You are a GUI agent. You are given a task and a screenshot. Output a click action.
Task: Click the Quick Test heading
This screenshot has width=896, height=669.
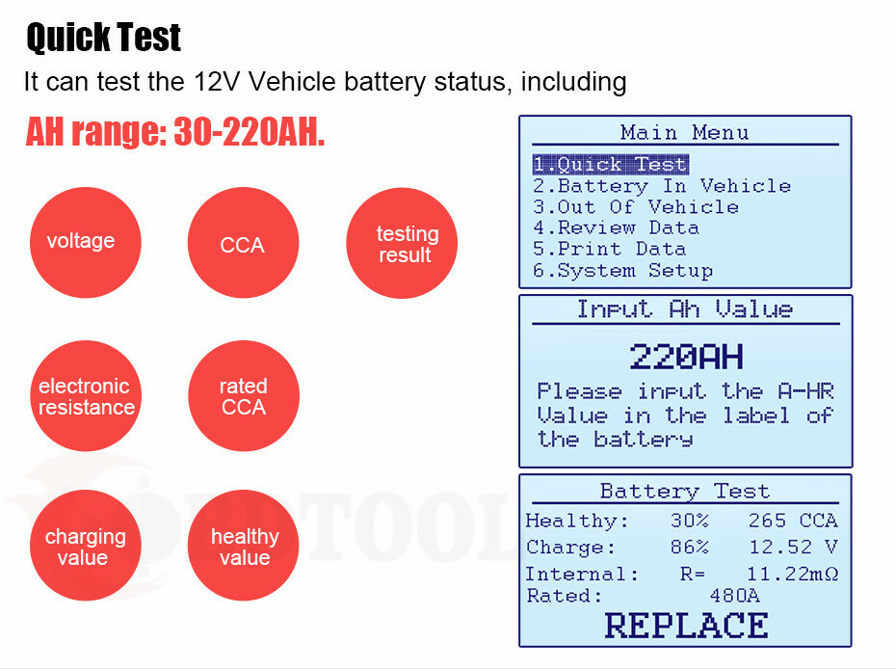[103, 38]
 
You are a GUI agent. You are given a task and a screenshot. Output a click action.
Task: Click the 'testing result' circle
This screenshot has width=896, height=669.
[402, 243]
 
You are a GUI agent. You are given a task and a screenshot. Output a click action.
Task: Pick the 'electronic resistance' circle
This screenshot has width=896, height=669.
[85, 397]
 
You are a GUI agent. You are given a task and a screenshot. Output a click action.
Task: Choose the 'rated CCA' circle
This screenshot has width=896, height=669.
[243, 397]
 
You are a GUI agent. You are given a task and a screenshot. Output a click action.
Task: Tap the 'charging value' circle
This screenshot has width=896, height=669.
[85, 546]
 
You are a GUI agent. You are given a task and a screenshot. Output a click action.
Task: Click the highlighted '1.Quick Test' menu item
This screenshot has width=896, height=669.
[610, 165]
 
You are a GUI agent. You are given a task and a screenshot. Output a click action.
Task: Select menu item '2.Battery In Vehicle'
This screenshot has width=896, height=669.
[662, 186]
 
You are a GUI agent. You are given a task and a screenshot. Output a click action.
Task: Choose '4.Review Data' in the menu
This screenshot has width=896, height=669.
[617, 228]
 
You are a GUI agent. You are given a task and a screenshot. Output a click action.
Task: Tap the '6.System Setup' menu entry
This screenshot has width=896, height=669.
[623, 271]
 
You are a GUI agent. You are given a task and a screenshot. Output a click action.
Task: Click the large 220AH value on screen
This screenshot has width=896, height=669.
[686, 358]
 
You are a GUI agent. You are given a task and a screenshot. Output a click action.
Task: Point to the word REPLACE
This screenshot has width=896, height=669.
[686, 626]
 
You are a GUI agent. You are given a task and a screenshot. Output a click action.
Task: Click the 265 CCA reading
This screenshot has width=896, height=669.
[792, 522]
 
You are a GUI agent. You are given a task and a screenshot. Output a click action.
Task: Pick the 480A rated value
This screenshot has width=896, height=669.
[734, 596]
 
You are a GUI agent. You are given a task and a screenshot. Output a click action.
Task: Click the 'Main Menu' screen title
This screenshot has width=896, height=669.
[685, 133]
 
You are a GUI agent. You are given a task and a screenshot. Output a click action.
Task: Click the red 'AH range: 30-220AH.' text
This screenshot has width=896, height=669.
[174, 133]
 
